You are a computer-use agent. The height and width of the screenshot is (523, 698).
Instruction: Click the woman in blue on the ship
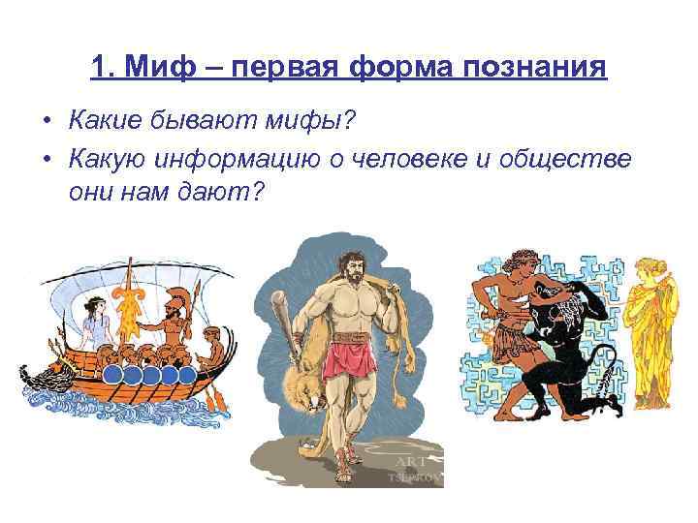pyautogui.click(x=94, y=324)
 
